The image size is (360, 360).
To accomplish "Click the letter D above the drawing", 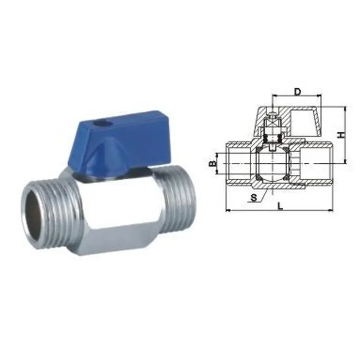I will pos(297,92).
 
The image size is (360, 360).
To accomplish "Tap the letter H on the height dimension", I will pos(340,135).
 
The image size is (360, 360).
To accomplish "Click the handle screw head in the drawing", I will pos(272,116).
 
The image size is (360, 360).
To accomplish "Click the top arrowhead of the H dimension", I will pos(344,108).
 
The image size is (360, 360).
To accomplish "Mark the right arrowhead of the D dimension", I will pos(320,96).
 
